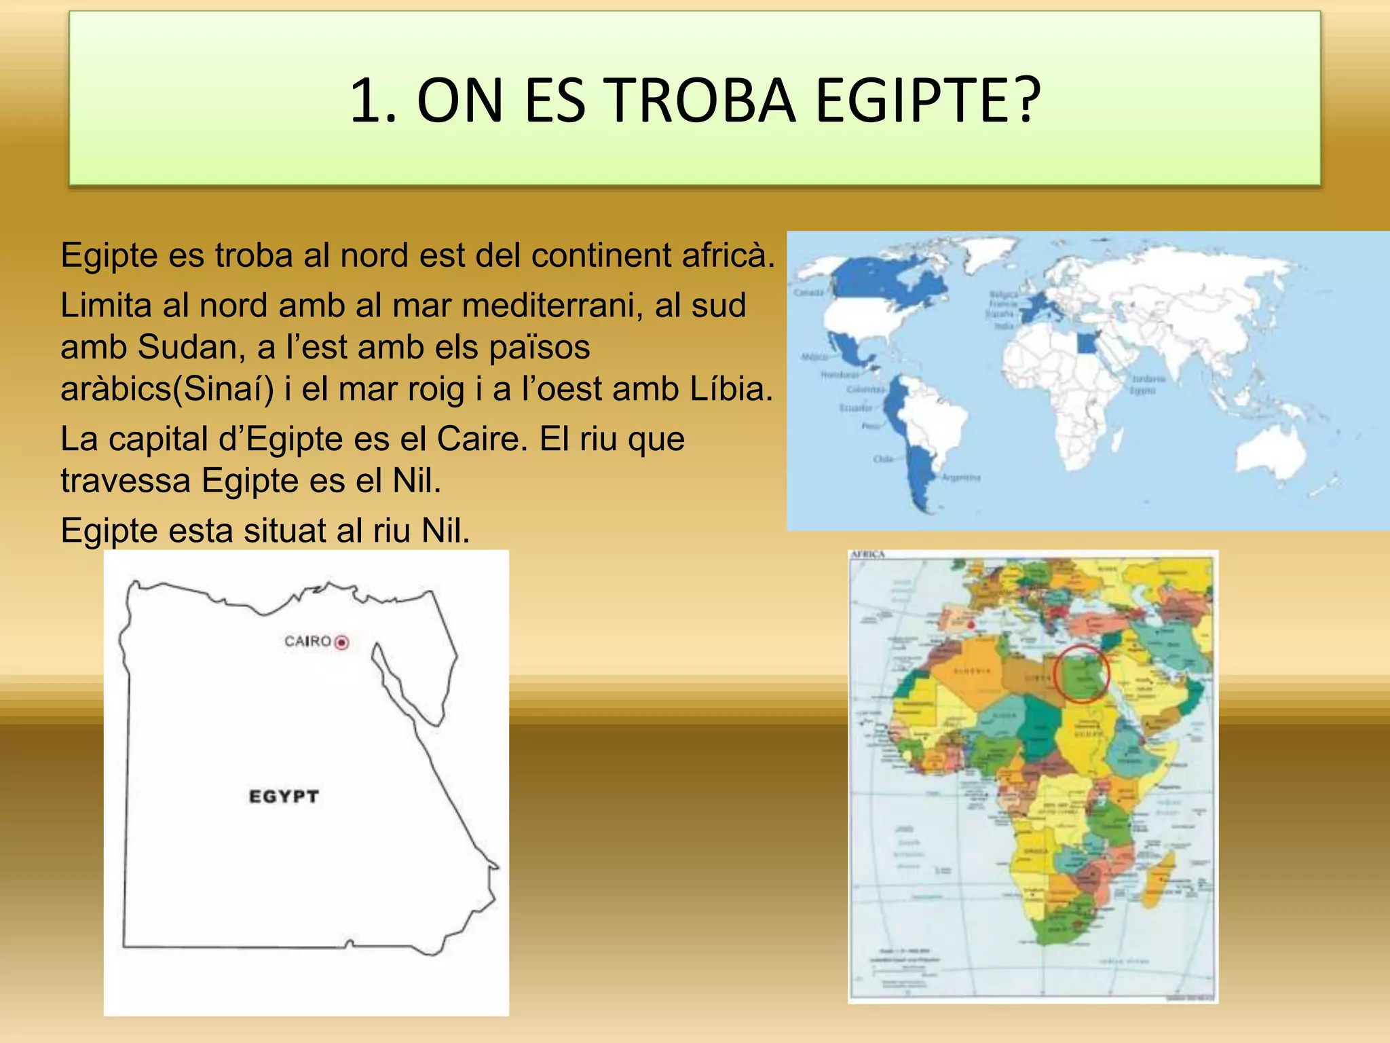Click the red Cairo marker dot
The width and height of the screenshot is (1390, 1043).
point(342,642)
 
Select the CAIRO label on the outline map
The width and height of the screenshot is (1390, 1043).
point(307,641)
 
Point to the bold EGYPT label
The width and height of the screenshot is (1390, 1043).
point(284,797)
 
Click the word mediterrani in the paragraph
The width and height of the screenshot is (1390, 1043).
point(552,306)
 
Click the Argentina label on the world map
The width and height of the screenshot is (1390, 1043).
point(961,477)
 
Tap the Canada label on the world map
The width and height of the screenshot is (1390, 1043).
point(809,293)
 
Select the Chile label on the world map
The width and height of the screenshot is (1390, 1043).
point(883,459)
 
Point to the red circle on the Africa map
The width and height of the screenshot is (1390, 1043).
point(1081,674)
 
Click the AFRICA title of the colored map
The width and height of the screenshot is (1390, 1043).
point(868,555)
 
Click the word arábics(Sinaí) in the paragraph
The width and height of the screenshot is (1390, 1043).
point(167,389)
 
